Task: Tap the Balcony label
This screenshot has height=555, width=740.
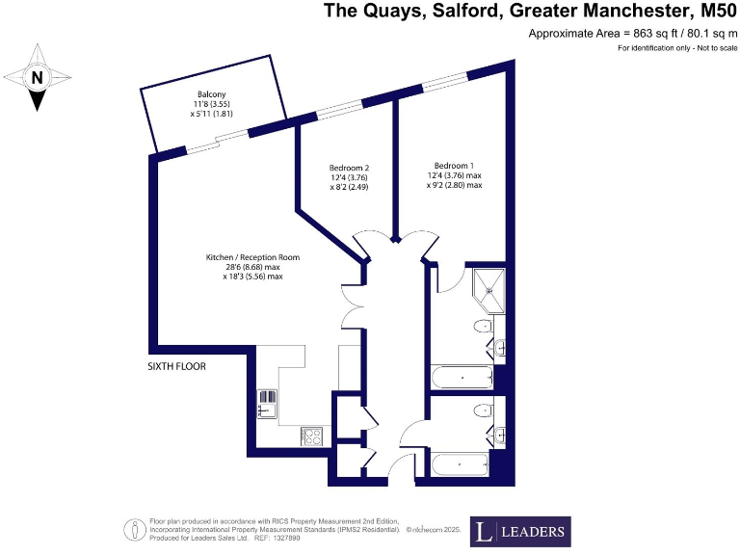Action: click(x=203, y=94)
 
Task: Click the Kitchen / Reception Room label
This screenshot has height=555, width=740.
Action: click(x=252, y=257)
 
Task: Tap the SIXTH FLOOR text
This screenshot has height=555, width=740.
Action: click(x=177, y=366)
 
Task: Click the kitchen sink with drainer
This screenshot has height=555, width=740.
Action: click(x=267, y=404)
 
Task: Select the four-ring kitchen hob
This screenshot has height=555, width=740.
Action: click(x=312, y=436)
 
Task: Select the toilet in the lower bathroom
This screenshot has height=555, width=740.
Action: click(x=480, y=411)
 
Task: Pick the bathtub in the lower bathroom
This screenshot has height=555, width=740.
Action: click(x=461, y=465)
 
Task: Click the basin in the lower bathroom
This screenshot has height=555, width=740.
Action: click(x=499, y=434)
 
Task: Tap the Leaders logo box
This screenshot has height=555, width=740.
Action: click(x=520, y=532)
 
